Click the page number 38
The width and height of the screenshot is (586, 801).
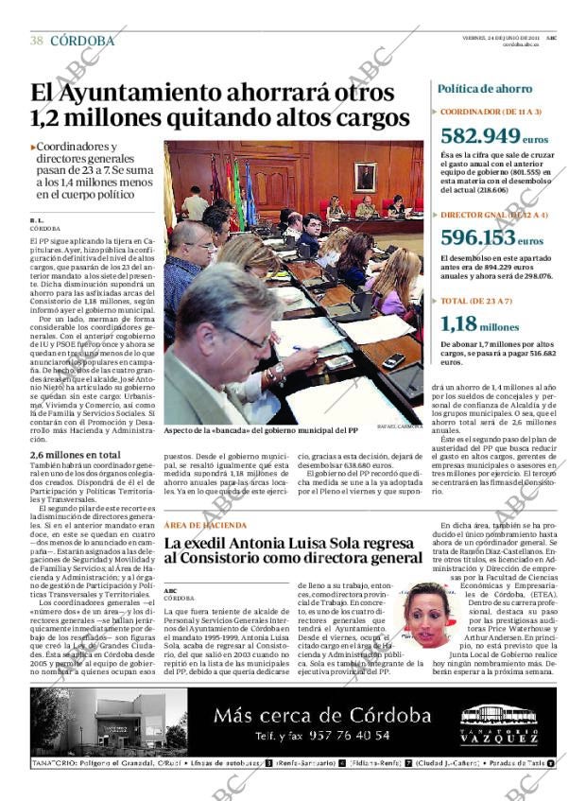tap(37, 42)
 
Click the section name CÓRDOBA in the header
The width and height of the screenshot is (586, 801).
tap(82, 42)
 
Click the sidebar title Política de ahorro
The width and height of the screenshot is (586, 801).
tap(485, 89)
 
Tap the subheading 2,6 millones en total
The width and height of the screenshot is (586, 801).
tap(76, 455)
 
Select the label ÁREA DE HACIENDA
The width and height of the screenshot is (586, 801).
tap(205, 525)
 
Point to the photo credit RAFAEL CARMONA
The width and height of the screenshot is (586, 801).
tap(399, 427)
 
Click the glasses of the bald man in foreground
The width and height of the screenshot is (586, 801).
tap(248, 338)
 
